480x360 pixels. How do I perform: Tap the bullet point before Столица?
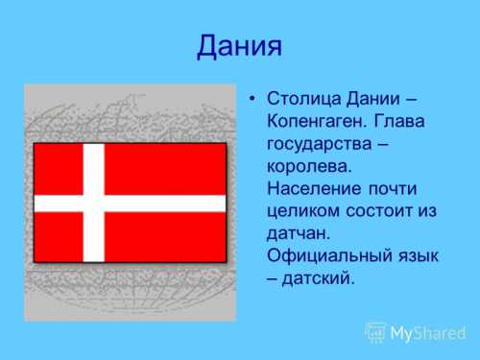coord(251,99)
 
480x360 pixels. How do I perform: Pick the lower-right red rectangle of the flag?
coord(165,236)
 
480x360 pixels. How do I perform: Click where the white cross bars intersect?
coord(93,204)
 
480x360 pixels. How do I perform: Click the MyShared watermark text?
coord(427,333)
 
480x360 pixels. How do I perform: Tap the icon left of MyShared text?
coord(375,333)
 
